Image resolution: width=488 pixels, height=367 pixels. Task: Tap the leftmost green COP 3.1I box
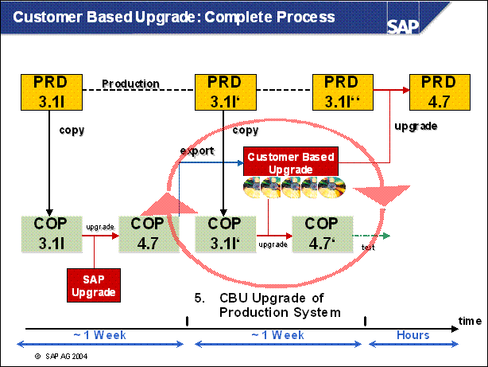pos(45,232)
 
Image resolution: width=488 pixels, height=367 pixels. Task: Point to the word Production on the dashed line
pos(131,84)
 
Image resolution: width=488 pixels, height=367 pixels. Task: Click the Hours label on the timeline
pos(412,335)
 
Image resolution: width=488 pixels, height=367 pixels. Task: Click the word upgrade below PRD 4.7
pos(416,126)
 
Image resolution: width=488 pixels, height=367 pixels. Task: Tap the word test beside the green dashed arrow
pos(368,246)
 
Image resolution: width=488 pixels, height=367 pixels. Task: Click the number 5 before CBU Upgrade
pos(198,298)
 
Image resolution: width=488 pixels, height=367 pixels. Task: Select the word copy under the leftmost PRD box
pos(72,129)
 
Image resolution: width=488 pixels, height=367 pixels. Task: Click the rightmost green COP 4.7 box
pos(322,232)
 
